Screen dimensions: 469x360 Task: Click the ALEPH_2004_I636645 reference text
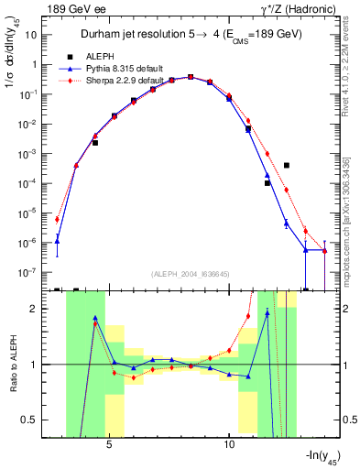point(196,274)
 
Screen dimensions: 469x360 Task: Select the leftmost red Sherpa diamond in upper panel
point(58,219)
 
